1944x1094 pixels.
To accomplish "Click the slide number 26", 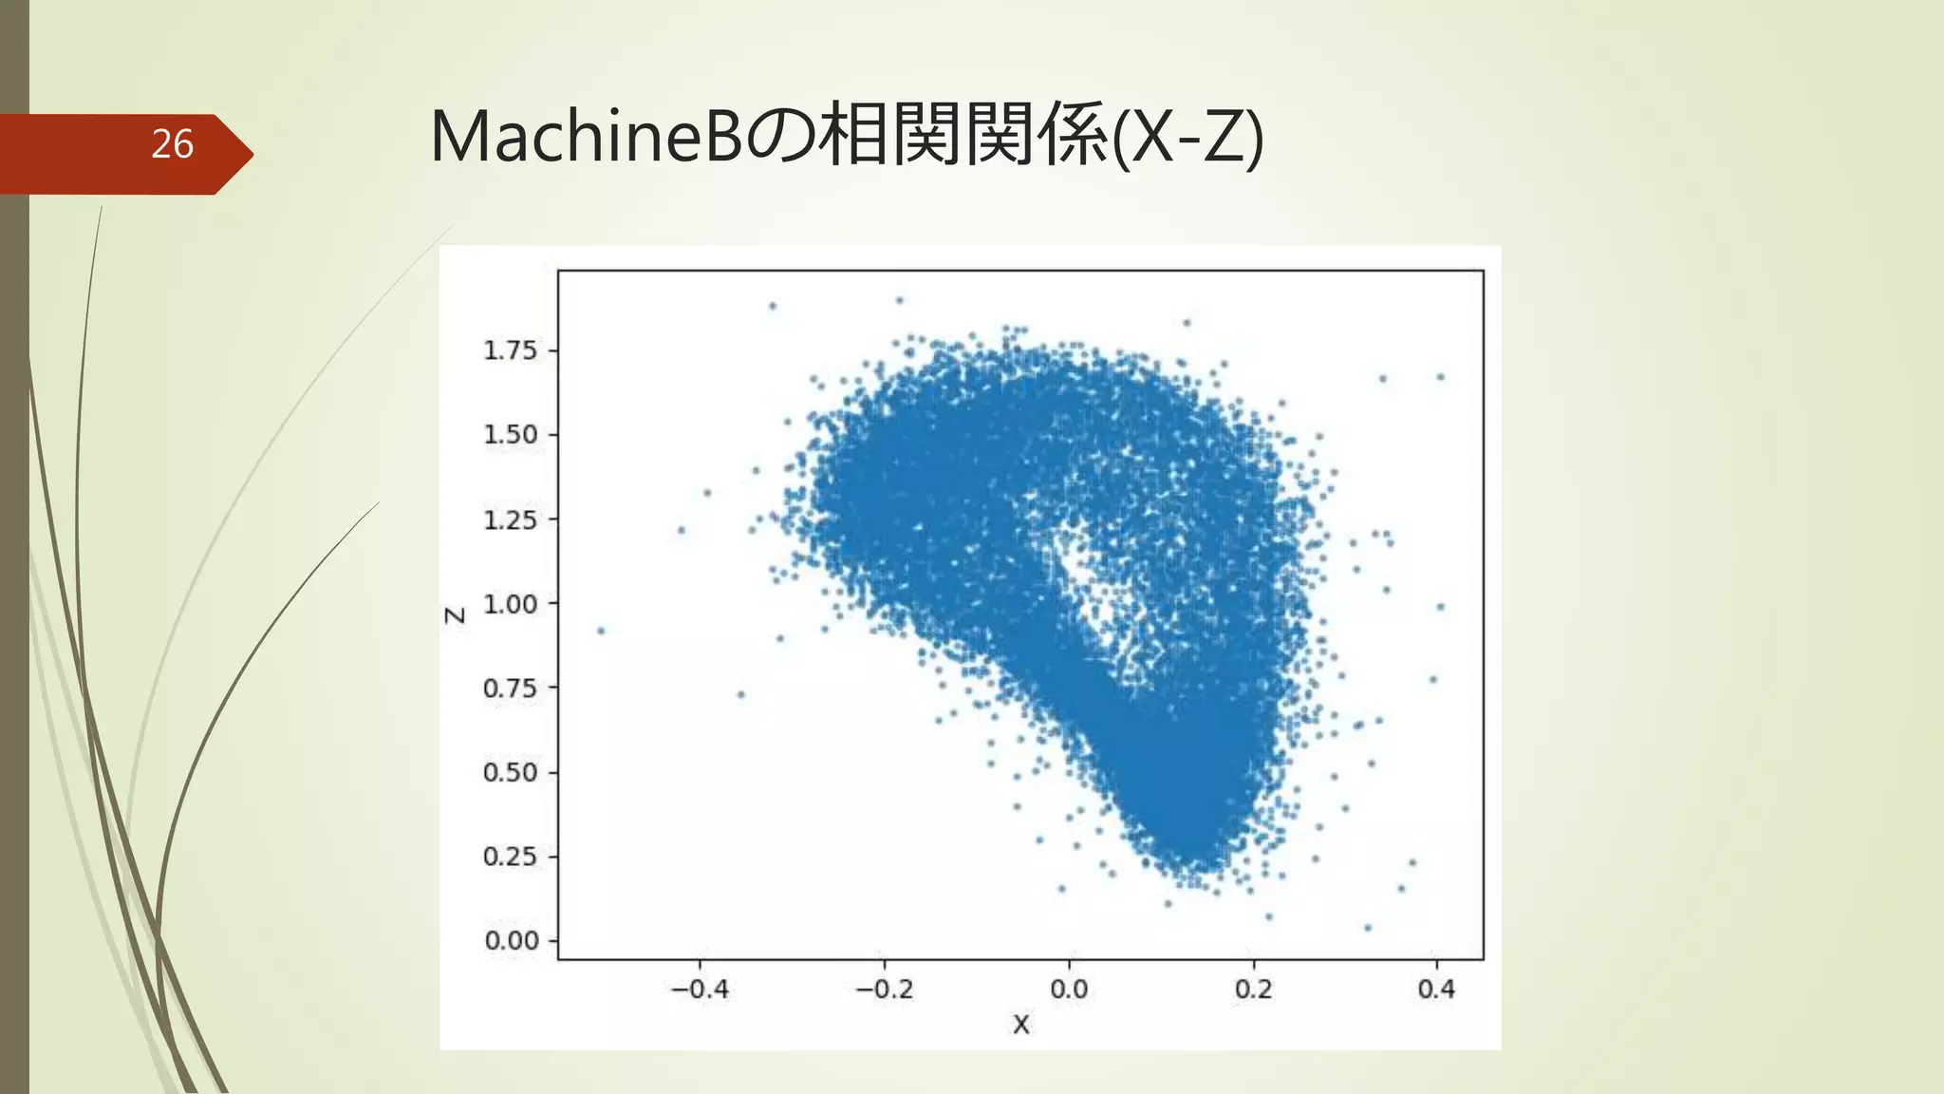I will [x=172, y=144].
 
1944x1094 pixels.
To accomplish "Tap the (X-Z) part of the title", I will [x=1187, y=138].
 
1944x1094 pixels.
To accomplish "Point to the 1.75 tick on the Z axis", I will [x=511, y=350].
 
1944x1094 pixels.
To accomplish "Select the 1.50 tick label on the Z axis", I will [x=511, y=435].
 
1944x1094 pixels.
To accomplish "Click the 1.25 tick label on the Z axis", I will [x=511, y=519].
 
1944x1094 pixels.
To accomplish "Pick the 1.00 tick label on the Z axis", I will [x=511, y=604].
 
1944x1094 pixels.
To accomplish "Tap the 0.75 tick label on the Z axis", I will [x=511, y=688].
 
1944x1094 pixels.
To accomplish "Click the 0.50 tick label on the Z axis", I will [x=511, y=772].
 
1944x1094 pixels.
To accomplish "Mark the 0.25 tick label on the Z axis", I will [x=511, y=857].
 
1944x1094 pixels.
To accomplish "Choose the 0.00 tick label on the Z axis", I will [x=512, y=940].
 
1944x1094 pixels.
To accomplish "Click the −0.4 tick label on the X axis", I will [x=700, y=990].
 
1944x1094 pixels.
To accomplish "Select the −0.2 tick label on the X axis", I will [x=884, y=990].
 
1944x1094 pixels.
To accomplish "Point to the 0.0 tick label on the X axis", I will [x=1069, y=990].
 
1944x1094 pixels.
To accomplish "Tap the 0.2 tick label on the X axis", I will [x=1253, y=990].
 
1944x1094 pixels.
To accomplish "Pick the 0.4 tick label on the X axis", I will [x=1436, y=990].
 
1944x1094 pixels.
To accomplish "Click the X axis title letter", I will [x=1020, y=1025].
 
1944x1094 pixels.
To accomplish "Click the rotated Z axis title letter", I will [x=456, y=615].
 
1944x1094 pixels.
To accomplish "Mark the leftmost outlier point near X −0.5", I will [x=600, y=631].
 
